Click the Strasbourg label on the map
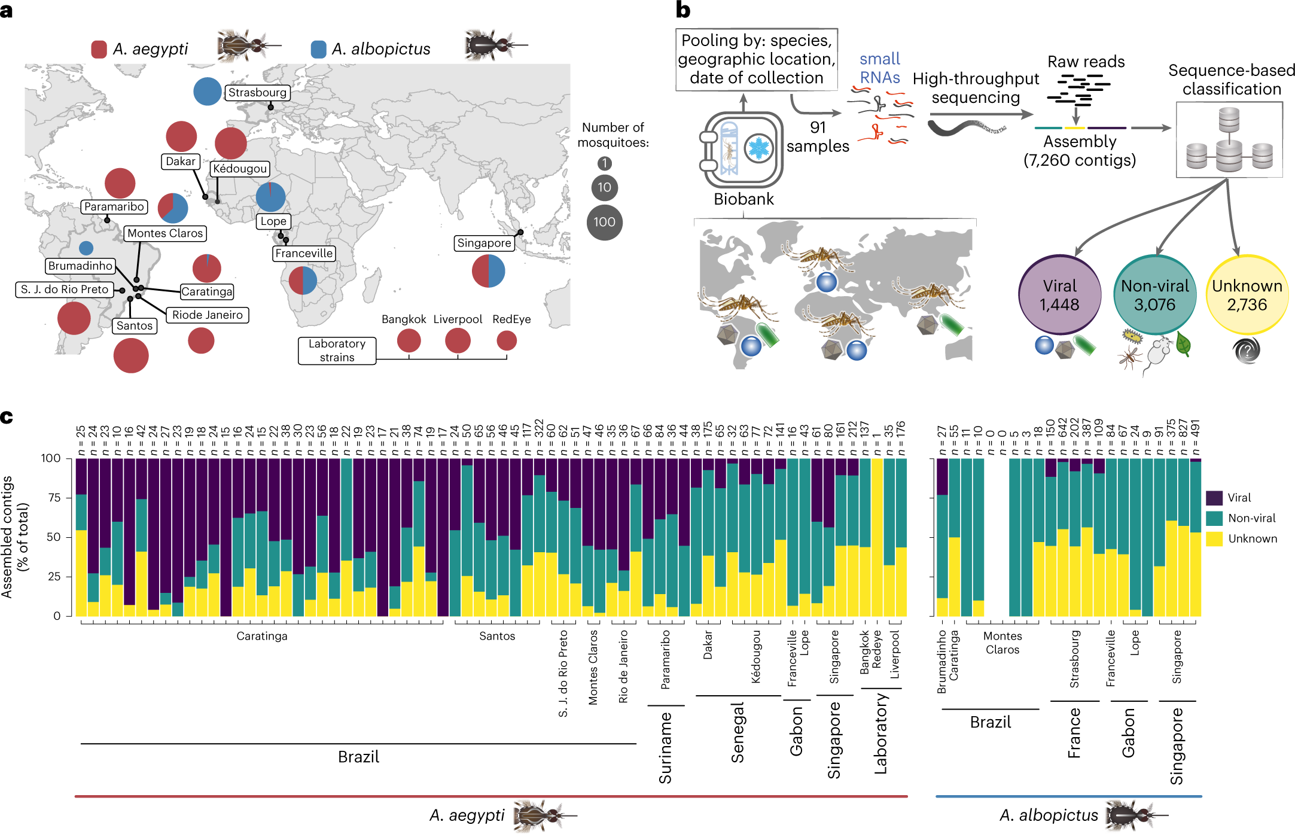click(x=257, y=93)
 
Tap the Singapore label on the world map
click(x=484, y=243)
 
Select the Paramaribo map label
click(x=114, y=207)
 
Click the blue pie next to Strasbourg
click(x=208, y=92)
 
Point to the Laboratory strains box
click(x=337, y=351)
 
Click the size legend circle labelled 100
click(x=604, y=222)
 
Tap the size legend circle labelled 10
click(x=604, y=187)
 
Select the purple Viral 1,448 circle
click(x=1059, y=295)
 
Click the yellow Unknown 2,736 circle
click(x=1247, y=295)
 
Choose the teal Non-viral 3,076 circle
click(x=1154, y=295)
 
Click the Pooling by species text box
click(x=756, y=59)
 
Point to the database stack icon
click(x=1229, y=140)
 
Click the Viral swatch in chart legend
click(x=1214, y=498)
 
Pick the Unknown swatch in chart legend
click(x=1214, y=538)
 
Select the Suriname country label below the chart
click(x=665, y=748)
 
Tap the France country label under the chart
click(x=1074, y=733)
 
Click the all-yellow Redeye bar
click(x=877, y=537)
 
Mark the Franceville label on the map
click(x=304, y=254)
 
